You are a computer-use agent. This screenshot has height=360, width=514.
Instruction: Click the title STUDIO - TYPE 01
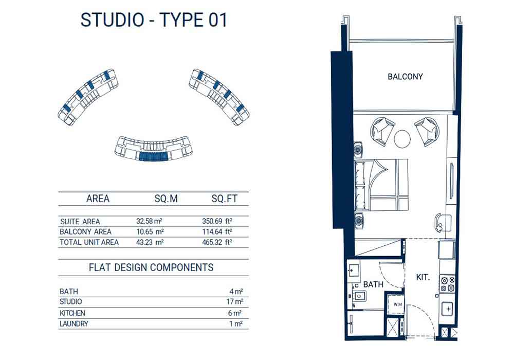pos(154,20)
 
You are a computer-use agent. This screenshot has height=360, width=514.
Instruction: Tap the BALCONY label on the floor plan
pos(405,77)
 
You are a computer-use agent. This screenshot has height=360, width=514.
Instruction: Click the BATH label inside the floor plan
pos(373,284)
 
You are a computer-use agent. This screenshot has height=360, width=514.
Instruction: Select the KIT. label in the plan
pos(423,277)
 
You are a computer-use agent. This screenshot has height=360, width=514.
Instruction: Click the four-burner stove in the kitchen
pos(448,284)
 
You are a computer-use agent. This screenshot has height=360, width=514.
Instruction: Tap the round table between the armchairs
pos(402,139)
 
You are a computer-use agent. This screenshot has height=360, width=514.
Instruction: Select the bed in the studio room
pos(381,184)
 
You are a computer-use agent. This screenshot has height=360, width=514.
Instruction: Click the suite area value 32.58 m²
pos(150,221)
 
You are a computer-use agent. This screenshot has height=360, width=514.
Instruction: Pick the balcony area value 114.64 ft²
pos(217,232)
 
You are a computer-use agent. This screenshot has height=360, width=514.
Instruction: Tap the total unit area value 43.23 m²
pos(150,242)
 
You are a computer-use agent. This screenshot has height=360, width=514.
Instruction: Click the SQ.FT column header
pos(224,199)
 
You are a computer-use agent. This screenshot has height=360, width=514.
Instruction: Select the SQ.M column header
pos(166,199)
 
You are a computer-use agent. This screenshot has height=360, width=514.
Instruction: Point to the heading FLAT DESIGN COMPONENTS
pos(151,267)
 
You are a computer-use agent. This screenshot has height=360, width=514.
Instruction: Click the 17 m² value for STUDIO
pos(235,302)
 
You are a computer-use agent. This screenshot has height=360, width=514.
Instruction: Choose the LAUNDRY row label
pos(74,323)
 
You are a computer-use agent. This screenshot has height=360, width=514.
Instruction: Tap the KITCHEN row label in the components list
pos(72,313)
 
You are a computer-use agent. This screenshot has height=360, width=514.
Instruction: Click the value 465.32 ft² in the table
pos(217,242)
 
